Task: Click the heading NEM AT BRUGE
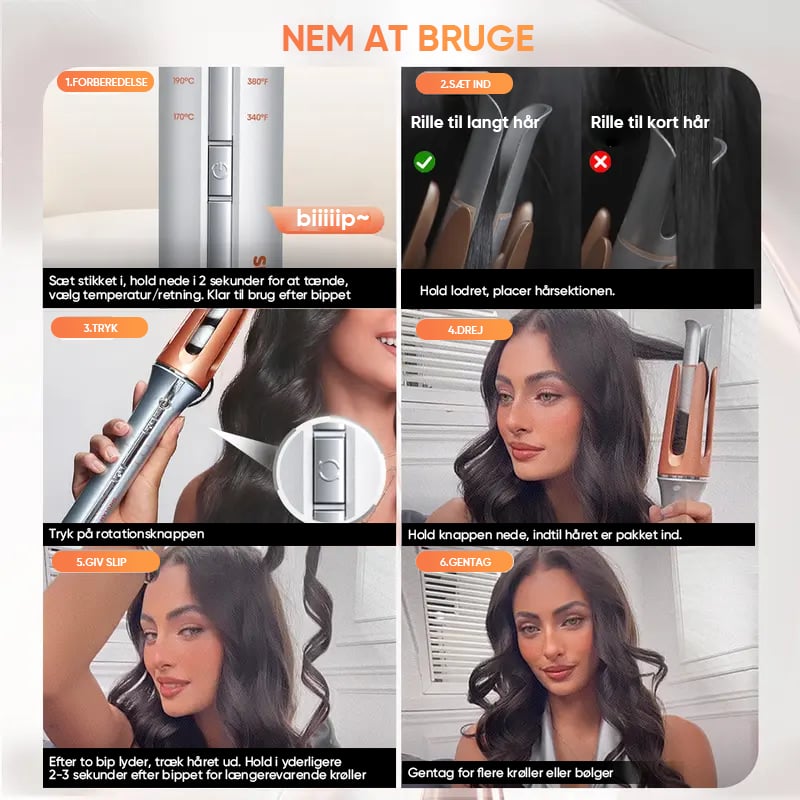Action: (x=408, y=39)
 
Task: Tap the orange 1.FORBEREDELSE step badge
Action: (x=105, y=82)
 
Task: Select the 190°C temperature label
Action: (x=183, y=81)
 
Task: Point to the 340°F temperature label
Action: (x=257, y=117)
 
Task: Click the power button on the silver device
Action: (x=220, y=171)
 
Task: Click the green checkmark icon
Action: (x=424, y=162)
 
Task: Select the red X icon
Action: (x=600, y=162)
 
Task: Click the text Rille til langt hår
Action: (x=474, y=122)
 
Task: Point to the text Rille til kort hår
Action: (x=650, y=122)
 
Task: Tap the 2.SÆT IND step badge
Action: (x=464, y=84)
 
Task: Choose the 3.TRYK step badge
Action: (x=99, y=328)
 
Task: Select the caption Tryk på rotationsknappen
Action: (x=127, y=534)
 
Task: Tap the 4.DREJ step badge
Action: (x=464, y=330)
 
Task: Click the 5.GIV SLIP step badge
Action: (x=106, y=562)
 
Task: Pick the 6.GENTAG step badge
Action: (x=464, y=562)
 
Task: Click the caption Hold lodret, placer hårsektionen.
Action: (x=517, y=291)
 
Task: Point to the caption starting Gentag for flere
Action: (x=510, y=773)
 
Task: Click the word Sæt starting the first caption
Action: (x=61, y=281)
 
